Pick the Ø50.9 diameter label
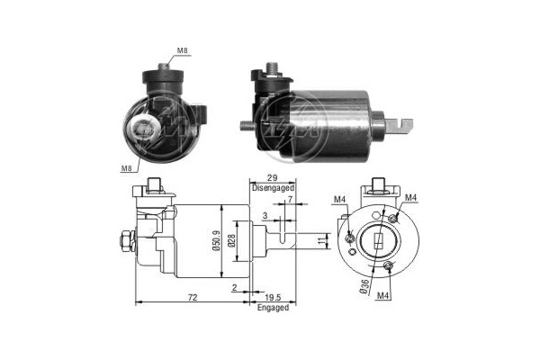tap(217, 239)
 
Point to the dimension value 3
tap(265, 216)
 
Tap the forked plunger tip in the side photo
tap(406, 124)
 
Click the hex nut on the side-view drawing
tap(121, 241)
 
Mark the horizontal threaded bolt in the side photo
tap(249, 126)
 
